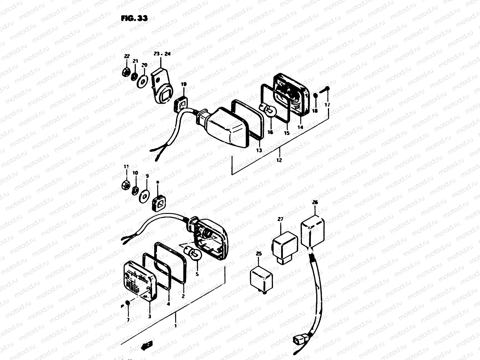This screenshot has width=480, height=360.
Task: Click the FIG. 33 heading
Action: (134, 19)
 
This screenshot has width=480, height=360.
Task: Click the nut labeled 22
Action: (126, 73)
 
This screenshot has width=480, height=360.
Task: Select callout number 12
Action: (279, 160)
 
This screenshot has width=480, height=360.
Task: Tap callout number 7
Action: (128, 320)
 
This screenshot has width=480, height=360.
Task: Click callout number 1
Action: (175, 325)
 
